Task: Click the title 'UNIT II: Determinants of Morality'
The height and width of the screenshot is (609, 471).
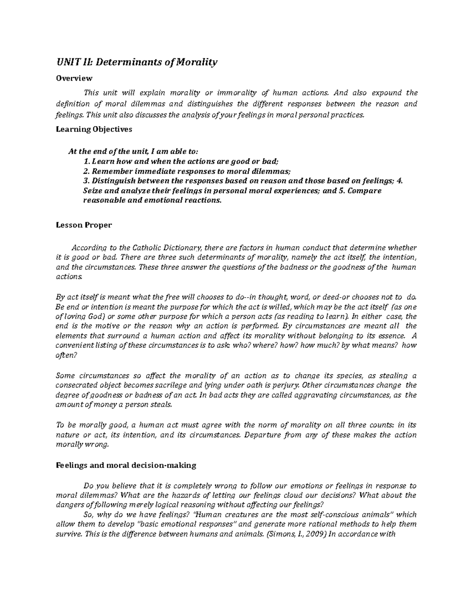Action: tap(137, 62)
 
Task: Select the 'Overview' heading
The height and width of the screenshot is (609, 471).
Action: tap(74, 78)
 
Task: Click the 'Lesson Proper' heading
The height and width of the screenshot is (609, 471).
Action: tap(84, 225)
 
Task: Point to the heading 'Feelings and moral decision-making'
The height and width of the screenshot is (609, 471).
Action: tap(126, 465)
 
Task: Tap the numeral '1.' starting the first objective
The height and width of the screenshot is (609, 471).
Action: tap(87, 161)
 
